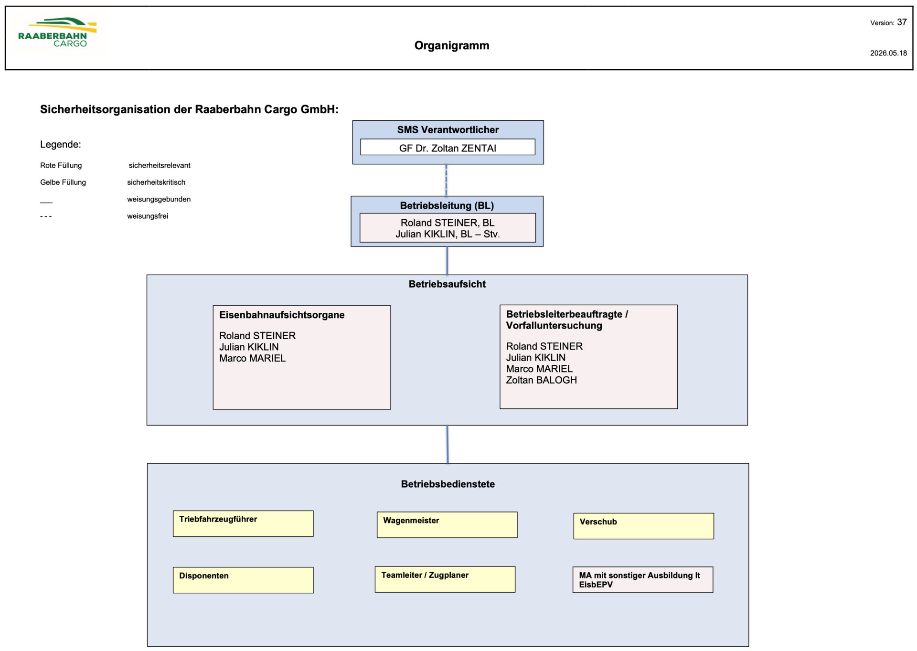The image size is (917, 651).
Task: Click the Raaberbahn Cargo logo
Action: [x=57, y=32]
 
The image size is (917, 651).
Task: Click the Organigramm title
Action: [x=452, y=45]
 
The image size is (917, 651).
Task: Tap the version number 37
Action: [x=902, y=22]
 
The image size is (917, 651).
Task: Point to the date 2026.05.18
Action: [x=888, y=53]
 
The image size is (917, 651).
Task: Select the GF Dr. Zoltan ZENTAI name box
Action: [x=448, y=147]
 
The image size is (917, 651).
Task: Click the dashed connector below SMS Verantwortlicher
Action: [x=446, y=180]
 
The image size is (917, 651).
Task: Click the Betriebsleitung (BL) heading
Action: [x=447, y=205]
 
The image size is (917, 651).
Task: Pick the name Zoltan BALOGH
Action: [x=542, y=380]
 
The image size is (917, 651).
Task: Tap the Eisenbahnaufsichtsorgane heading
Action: [x=282, y=315]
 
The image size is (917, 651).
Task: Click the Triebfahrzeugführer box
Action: [x=243, y=523]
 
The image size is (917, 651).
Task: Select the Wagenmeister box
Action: [x=447, y=525]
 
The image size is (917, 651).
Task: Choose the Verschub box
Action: [x=644, y=526]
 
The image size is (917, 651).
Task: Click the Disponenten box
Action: [x=243, y=580]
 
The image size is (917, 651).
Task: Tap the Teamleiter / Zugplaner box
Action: [x=445, y=579]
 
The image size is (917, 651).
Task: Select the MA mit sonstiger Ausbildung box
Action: [x=643, y=580]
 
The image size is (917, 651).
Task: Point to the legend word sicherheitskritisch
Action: [x=156, y=182]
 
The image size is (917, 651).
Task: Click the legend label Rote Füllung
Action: [x=61, y=165]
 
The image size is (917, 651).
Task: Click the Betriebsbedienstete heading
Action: [x=448, y=484]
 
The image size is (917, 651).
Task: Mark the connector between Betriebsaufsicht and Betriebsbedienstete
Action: [x=447, y=444]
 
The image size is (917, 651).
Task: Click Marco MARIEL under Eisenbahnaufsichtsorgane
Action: [x=252, y=358]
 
